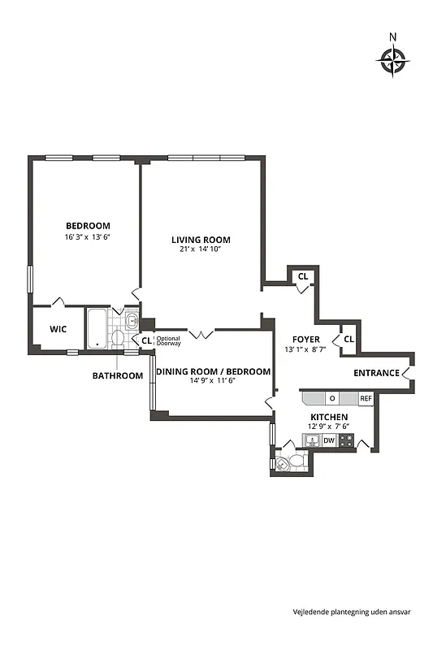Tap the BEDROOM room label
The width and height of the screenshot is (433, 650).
tap(88, 225)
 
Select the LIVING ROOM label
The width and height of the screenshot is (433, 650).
tap(201, 240)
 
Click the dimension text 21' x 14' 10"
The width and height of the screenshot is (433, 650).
tap(201, 249)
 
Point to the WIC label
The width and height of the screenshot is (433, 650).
tap(58, 329)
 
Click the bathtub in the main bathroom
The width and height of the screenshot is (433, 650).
tap(97, 328)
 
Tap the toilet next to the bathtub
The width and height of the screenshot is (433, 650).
tap(119, 336)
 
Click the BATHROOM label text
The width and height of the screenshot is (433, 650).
tap(117, 375)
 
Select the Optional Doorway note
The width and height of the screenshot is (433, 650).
tap(168, 341)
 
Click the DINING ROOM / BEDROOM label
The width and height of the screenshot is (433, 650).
tap(213, 371)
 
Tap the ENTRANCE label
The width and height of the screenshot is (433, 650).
tap(376, 373)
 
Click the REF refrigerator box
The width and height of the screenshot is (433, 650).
tap(366, 398)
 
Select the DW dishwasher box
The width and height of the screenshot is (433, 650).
tap(329, 440)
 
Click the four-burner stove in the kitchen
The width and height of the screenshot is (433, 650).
tap(347, 440)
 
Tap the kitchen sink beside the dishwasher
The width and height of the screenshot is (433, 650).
tap(312, 440)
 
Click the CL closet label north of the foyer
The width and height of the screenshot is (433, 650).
tap(303, 276)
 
